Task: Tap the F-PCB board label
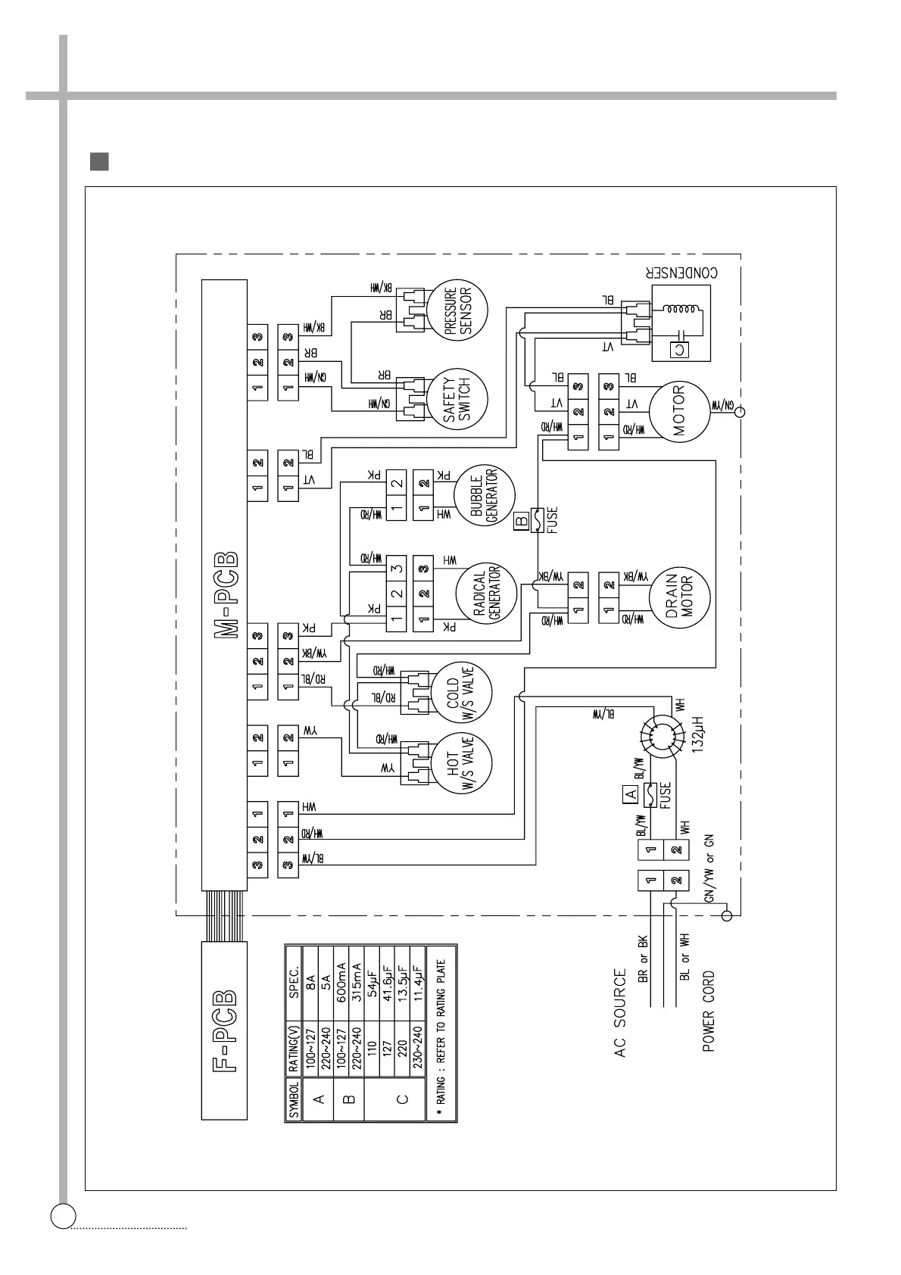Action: coord(225,1031)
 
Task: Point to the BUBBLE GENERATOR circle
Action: coord(484,496)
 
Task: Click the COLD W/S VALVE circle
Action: coord(460,691)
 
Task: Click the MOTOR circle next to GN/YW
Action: coord(678,412)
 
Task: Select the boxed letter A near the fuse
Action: coord(628,794)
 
